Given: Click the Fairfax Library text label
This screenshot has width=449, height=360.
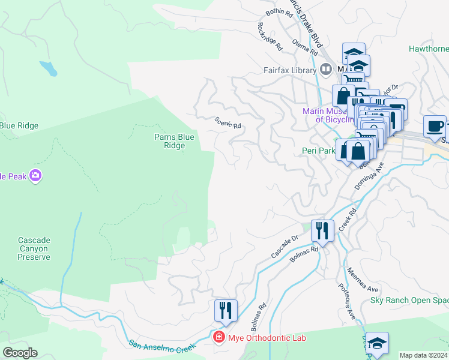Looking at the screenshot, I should [289, 70].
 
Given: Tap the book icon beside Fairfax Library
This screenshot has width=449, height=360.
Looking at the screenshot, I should [325, 70].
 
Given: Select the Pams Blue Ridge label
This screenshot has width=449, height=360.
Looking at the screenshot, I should [174, 141].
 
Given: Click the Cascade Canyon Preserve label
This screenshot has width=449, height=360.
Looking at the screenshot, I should [34, 248].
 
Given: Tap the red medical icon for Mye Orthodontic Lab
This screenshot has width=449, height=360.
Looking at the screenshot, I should [219, 338].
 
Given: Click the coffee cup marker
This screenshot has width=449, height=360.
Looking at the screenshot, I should [435, 127].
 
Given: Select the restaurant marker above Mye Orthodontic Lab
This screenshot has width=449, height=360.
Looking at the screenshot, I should [226, 310].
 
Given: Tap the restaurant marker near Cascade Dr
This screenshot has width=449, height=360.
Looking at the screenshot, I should [322, 230].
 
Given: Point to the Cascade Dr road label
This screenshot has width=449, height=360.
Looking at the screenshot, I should [285, 246].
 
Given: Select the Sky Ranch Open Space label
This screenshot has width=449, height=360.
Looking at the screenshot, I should [409, 300].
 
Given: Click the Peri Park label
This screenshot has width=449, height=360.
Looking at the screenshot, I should [318, 151].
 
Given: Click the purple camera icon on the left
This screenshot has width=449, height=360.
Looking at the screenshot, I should [35, 175].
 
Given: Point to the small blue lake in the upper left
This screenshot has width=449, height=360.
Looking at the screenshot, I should [48, 68].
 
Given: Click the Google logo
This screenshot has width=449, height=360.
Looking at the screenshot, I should [20, 352].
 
